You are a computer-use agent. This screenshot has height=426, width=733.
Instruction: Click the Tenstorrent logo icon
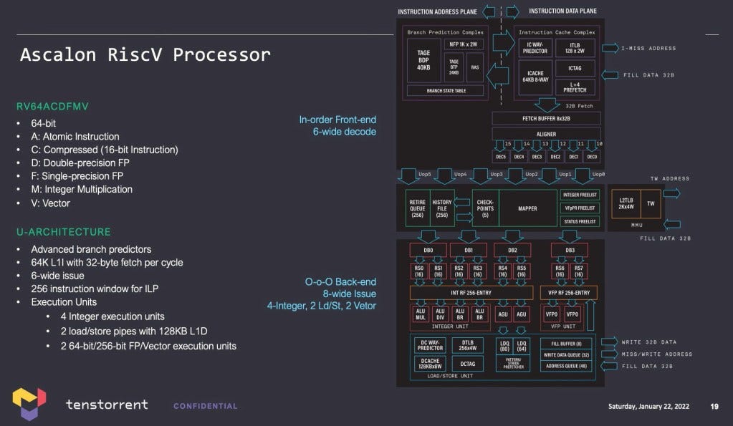pos(29,404)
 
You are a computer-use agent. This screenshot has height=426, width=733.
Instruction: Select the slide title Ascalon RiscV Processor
pos(145,55)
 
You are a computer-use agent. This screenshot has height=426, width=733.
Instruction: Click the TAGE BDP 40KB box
pos(423,60)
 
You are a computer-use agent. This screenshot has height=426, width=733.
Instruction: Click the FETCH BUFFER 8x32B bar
pos(546,118)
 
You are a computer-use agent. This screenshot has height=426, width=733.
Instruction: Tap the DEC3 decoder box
pos(536,157)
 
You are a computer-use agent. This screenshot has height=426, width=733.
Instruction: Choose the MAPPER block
pos(527,209)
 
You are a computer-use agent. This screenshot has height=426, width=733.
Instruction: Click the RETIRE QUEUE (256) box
pos(416,208)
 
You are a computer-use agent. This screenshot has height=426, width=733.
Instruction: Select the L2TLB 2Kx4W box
pos(623,203)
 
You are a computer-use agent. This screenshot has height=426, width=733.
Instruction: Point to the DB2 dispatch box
pos(512,250)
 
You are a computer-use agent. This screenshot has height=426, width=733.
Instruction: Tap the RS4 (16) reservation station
pos(503,271)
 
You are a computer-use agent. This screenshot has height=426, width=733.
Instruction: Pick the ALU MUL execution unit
pos(420,314)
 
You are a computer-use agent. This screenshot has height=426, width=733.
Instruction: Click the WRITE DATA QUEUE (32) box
pos(566,354)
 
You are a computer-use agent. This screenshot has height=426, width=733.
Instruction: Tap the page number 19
pos(714,406)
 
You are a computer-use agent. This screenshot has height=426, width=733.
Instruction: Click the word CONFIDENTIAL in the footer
pos(205,406)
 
